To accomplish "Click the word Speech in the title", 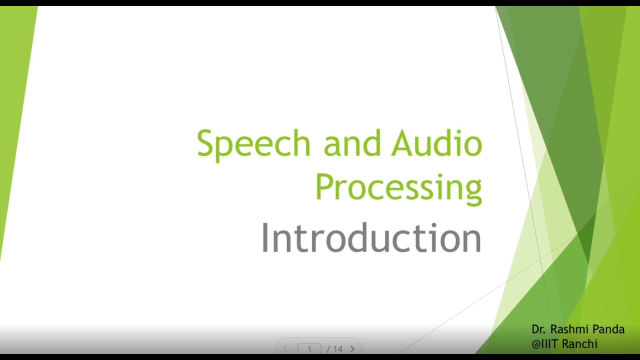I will pos(253,143).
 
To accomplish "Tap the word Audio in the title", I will pos(436,143).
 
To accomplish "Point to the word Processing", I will pos(398,187).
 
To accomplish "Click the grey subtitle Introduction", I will pos(371,238).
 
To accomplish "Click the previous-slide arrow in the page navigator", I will pos(286,349).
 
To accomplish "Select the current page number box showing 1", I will pos(309,349).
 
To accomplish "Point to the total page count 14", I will pos(337,349).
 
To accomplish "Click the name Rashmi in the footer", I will pos(575,329).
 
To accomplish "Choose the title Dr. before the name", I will pos(538,329).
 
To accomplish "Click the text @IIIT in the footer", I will pos(545,344).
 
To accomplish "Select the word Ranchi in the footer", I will pos(579,344).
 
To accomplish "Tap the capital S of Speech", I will pos(205,143).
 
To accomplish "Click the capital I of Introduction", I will pos(265,238).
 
